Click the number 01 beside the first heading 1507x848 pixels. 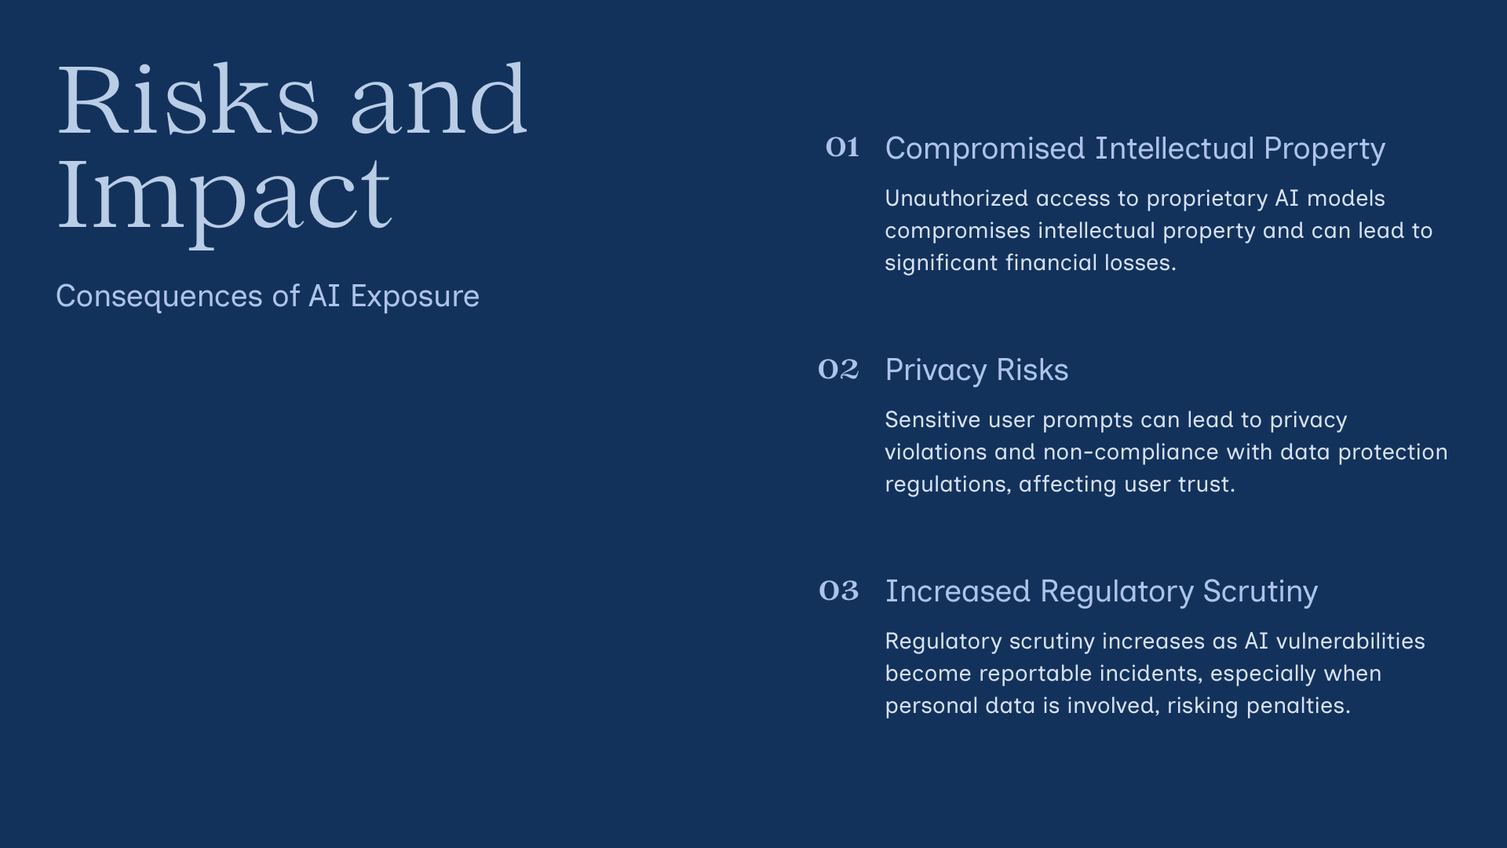pyautogui.click(x=842, y=148)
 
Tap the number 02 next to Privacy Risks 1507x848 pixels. pyautogui.click(x=838, y=369)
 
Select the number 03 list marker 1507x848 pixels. pyautogui.click(x=838, y=590)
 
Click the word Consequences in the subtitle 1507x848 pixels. pyautogui.click(x=159, y=297)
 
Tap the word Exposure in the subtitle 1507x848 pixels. pyautogui.click(x=414, y=297)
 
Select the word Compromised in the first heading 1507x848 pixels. pyautogui.click(x=985, y=149)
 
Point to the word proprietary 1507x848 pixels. pyautogui.click(x=1207, y=199)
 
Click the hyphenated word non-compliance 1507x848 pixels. pyautogui.click(x=1130, y=453)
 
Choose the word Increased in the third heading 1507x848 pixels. pyautogui.click(x=958, y=591)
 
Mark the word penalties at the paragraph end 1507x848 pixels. pyautogui.click(x=1298, y=706)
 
